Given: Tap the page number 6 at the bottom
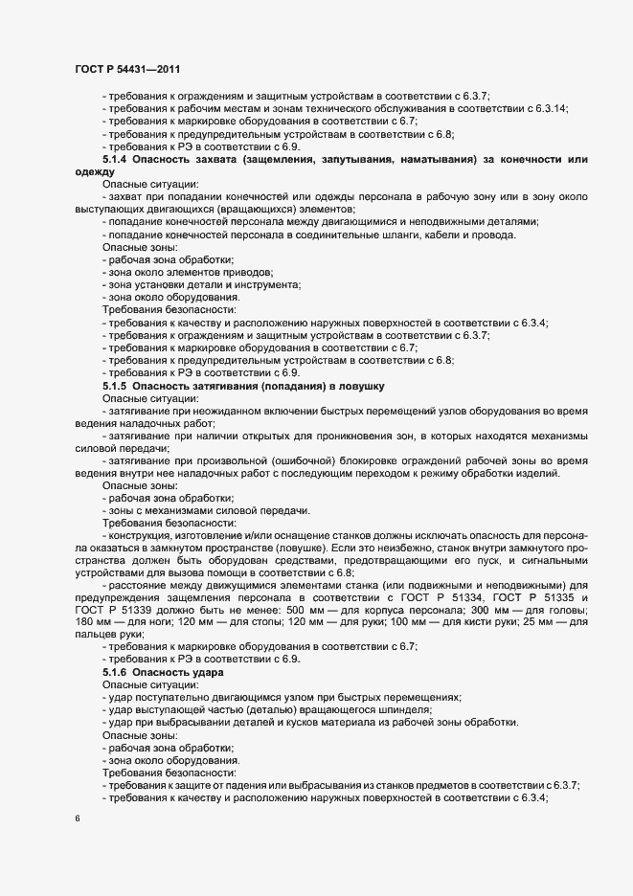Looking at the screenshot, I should tap(77, 818).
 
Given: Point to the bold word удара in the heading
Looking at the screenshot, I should tap(205, 673).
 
